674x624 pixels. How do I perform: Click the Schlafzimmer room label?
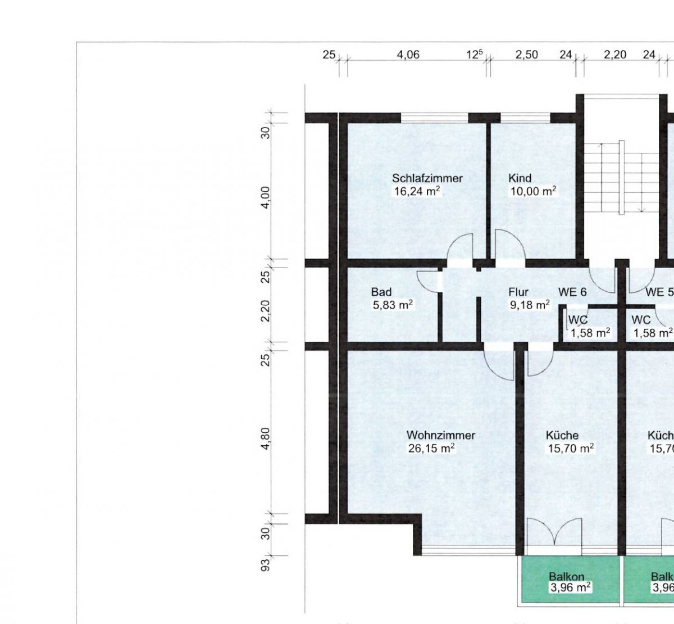pyautogui.click(x=427, y=178)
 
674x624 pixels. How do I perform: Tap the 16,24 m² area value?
pyautogui.click(x=417, y=191)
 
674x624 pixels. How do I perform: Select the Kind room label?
pyautogui.click(x=520, y=178)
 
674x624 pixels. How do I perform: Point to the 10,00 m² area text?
pyautogui.click(x=534, y=191)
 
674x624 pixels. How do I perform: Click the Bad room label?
pyautogui.click(x=381, y=292)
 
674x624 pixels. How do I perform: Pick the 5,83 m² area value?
pyautogui.click(x=393, y=305)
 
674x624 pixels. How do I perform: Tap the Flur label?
pyautogui.click(x=518, y=292)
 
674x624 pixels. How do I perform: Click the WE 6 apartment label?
pyautogui.click(x=572, y=292)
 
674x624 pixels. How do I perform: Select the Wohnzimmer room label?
pyautogui.click(x=441, y=436)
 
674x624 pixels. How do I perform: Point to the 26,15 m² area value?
pyautogui.click(x=431, y=449)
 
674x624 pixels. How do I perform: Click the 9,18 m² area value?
pyautogui.click(x=530, y=305)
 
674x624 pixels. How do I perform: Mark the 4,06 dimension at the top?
pyautogui.click(x=408, y=55)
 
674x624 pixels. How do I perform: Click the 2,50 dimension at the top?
pyautogui.click(x=527, y=55)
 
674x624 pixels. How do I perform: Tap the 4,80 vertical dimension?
pyautogui.click(x=266, y=438)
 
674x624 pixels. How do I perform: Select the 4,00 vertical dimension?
pyautogui.click(x=266, y=198)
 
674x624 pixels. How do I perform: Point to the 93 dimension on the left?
pyautogui.click(x=266, y=565)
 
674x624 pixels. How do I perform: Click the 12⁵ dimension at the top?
pyautogui.click(x=475, y=54)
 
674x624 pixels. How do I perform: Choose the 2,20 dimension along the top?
pyautogui.click(x=615, y=55)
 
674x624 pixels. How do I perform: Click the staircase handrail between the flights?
pyautogui.click(x=621, y=178)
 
